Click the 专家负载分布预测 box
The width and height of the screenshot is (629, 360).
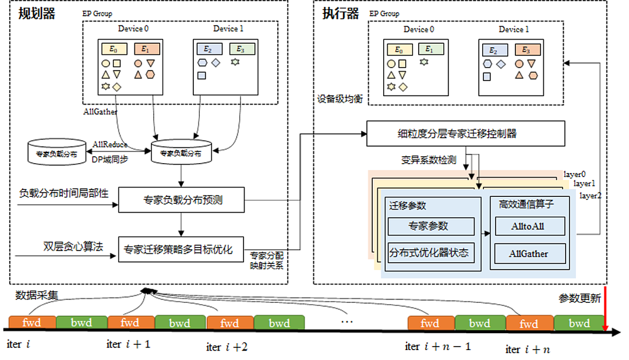pyautogui.click(x=181, y=199)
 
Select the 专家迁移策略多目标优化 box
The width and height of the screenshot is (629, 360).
pyautogui.click(x=181, y=250)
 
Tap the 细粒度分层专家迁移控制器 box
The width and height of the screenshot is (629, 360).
pyautogui.click(x=466, y=133)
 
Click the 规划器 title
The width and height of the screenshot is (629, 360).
pyautogui.click(x=37, y=13)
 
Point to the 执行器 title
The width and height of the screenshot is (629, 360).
pyautogui.click(x=341, y=13)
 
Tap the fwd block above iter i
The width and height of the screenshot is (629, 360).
pyautogui.click(x=32, y=323)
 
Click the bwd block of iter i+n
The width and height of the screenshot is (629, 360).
pyautogui.click(x=579, y=323)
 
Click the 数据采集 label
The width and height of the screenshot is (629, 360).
pyautogui.click(x=37, y=295)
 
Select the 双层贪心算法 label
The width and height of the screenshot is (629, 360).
pyautogui.click(x=73, y=246)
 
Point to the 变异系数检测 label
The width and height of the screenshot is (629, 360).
pyautogui.click(x=429, y=160)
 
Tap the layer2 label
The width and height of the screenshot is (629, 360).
pyautogui.click(x=590, y=196)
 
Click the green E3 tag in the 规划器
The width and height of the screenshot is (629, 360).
pyautogui.click(x=242, y=49)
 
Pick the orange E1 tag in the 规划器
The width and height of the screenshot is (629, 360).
pyautogui.click(x=147, y=49)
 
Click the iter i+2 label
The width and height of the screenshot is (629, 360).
pyautogui.click(x=227, y=347)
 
